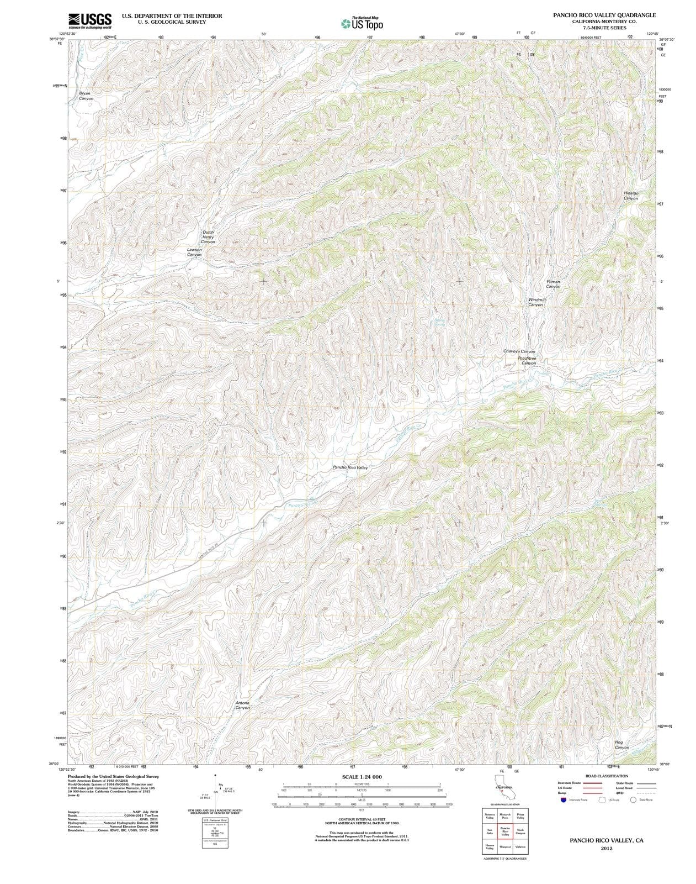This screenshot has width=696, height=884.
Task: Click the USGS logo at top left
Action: coord(90,20)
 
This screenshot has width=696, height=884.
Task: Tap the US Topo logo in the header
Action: coord(362,23)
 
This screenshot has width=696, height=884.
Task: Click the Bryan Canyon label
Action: coord(85,96)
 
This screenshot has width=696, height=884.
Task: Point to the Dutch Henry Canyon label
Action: coord(208,237)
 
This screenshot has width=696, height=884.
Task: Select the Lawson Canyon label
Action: coord(194,252)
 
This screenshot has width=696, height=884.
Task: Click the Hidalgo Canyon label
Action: coord(631,196)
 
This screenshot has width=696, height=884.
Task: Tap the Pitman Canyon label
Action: coord(553,284)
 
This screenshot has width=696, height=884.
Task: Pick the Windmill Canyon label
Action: coord(537,302)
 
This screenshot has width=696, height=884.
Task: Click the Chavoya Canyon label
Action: coord(519,351)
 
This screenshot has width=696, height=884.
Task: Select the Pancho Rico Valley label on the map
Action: coord(350,467)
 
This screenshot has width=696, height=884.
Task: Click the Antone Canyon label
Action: coord(242,706)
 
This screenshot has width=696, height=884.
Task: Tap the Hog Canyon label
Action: coord(621,745)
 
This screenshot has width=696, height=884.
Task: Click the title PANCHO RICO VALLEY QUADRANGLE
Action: coord(604,15)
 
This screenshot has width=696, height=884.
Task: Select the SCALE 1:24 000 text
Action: coord(362,777)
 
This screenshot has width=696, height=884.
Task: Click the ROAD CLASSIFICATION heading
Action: coord(607,776)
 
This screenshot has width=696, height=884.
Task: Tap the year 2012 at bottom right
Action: coord(606,848)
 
